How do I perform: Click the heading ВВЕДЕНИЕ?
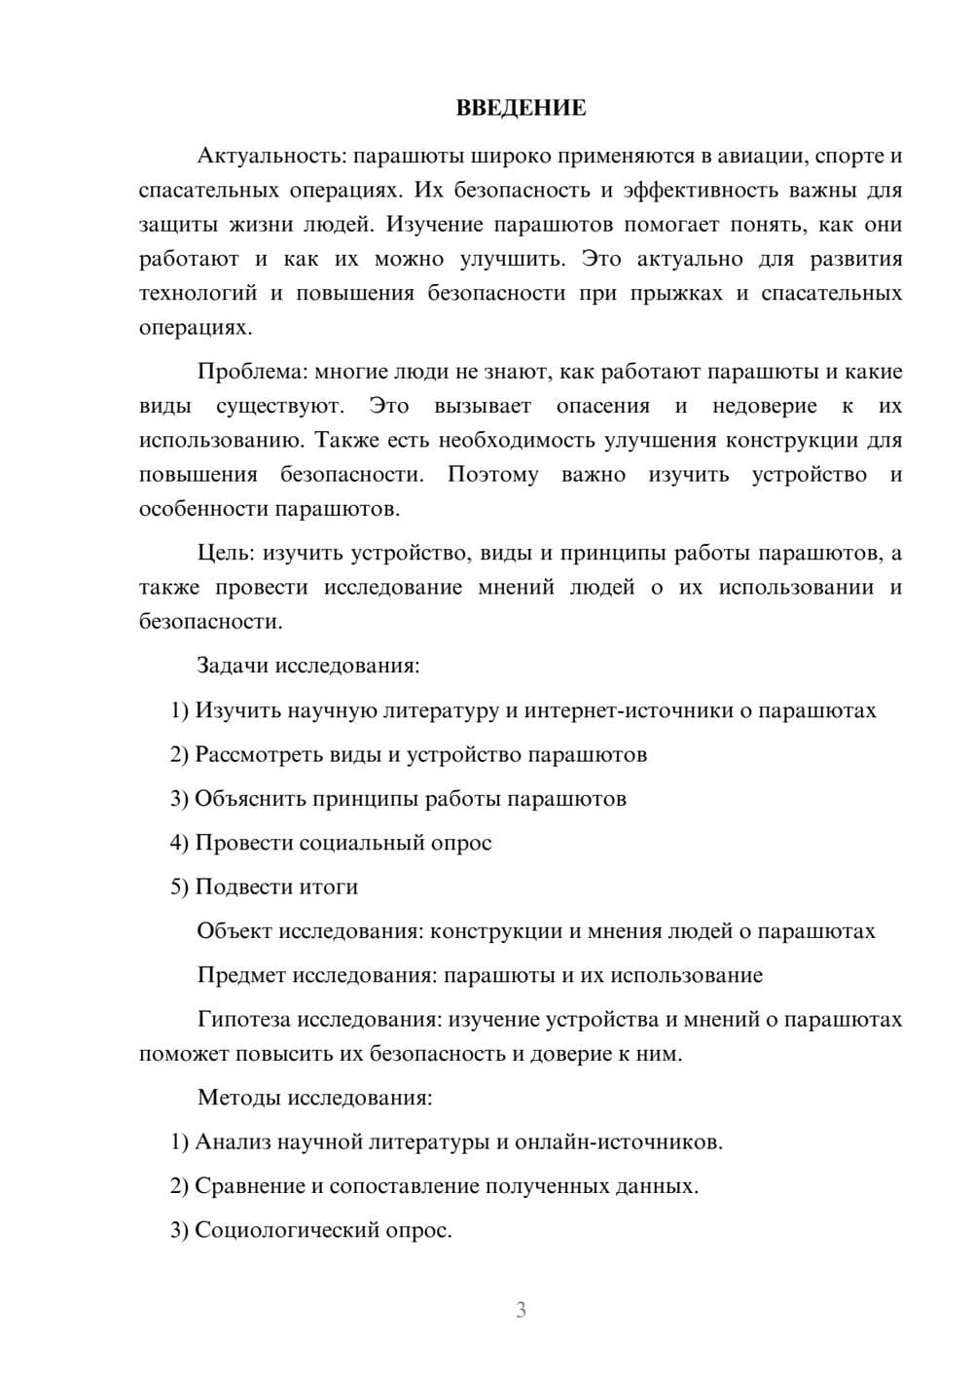pyautogui.click(x=521, y=108)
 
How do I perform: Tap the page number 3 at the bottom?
pyautogui.click(x=521, y=1310)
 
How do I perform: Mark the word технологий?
pyautogui.click(x=198, y=293)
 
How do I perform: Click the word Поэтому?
pyautogui.click(x=492, y=475)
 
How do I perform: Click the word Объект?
pyautogui.click(x=234, y=931)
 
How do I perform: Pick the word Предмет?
pyautogui.click(x=241, y=975)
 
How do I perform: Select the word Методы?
pyautogui.click(x=237, y=1098)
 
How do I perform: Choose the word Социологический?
pyautogui.click(x=289, y=1230)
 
